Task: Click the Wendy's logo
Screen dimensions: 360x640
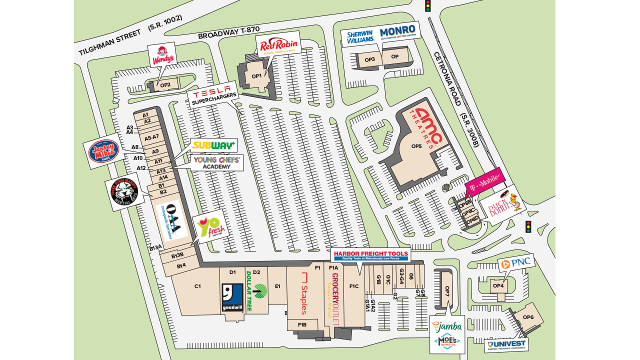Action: (x=162, y=55)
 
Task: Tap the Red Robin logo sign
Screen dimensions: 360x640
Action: (x=278, y=45)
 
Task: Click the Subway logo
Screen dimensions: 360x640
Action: (x=213, y=145)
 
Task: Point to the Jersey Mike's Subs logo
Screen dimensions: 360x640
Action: (x=104, y=151)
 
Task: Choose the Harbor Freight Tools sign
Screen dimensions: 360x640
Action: (x=370, y=255)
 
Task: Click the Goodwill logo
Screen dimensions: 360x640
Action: (x=232, y=297)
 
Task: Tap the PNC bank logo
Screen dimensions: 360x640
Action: (x=516, y=262)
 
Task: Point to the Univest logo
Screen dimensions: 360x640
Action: (x=506, y=345)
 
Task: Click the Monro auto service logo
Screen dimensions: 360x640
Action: (x=397, y=32)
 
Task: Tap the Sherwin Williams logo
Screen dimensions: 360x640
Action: (x=360, y=36)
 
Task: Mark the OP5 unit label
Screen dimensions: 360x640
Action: (x=416, y=146)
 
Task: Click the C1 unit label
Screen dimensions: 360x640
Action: (x=197, y=286)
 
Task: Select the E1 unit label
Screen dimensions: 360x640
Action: (x=277, y=286)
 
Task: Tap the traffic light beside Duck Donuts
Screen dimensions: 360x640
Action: (x=527, y=226)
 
